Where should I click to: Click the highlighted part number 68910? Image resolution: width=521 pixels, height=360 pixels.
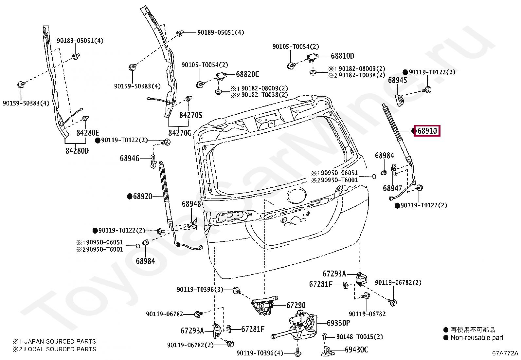427,131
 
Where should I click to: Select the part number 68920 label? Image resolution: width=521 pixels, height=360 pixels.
143,197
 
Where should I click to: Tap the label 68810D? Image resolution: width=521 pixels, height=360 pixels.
342,56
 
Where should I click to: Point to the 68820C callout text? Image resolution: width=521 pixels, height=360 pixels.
247,74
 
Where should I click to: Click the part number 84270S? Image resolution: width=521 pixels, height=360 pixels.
190,115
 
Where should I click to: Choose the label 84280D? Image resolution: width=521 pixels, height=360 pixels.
77,151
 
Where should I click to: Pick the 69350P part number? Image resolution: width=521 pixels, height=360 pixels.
338,323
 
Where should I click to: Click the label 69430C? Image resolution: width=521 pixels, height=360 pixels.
356,350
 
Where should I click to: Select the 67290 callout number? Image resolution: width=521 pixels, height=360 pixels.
296,305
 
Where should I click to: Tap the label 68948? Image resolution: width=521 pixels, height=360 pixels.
191,204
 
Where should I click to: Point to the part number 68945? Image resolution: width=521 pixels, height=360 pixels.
397,80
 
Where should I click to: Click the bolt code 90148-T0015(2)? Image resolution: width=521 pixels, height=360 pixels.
359,337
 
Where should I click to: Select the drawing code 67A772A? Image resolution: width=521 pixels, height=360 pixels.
505,353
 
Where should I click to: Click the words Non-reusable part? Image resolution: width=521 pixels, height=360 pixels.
477,338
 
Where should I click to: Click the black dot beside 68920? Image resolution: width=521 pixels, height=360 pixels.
130,197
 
